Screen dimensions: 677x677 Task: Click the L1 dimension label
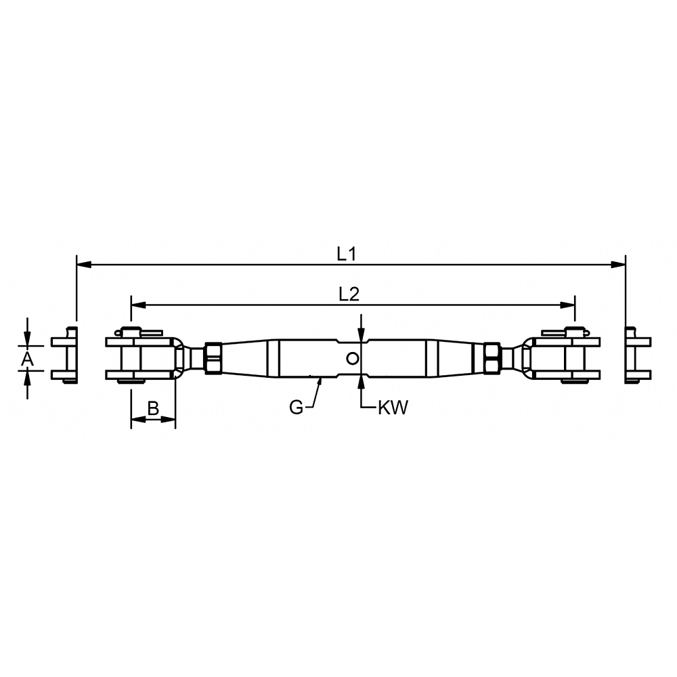coord(346,255)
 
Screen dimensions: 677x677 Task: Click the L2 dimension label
coord(349,294)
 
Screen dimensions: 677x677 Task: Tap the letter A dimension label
coord(27,358)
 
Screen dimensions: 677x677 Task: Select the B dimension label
coord(153,408)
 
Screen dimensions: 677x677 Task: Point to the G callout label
coord(297,407)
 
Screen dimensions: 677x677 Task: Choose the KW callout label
coord(393,408)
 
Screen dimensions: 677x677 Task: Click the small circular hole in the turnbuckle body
coord(353,358)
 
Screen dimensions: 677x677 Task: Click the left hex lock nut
coord(213,358)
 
